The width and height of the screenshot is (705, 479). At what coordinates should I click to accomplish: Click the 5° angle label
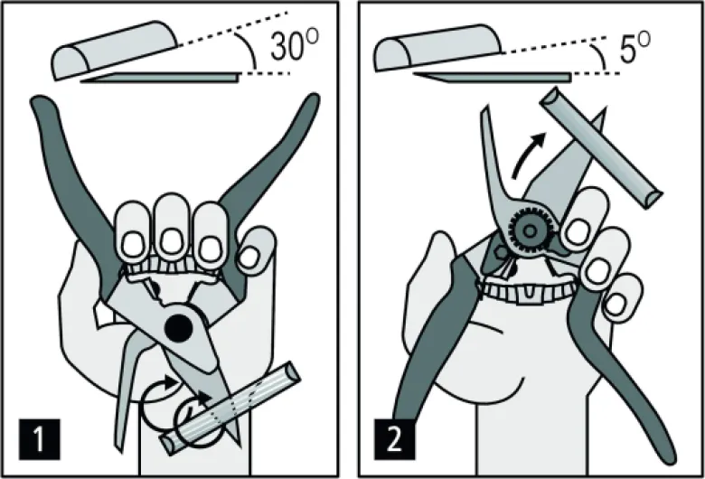(634, 48)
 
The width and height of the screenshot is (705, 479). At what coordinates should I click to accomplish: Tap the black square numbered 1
(40, 439)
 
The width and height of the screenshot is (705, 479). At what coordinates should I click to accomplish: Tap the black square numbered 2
(395, 439)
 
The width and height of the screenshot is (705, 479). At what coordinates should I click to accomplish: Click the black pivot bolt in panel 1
(179, 328)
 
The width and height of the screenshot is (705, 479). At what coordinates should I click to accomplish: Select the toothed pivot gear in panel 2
(531, 231)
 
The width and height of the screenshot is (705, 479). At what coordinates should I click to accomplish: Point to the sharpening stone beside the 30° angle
(116, 50)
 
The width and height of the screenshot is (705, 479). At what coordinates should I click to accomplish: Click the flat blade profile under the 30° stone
(160, 78)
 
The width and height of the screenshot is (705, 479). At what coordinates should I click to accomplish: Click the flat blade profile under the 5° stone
(493, 78)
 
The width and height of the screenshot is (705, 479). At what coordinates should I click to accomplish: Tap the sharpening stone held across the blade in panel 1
(230, 409)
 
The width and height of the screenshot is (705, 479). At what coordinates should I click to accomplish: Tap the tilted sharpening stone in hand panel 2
(600, 147)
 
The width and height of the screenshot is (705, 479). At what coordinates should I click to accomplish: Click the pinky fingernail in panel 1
(249, 258)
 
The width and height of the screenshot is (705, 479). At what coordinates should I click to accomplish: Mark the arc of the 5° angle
(598, 56)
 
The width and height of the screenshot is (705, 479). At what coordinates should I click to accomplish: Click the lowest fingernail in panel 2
(616, 305)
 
